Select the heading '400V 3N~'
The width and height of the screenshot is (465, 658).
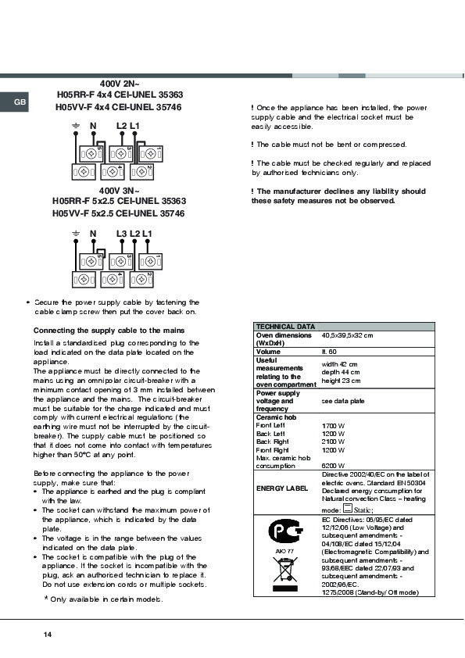[120, 191]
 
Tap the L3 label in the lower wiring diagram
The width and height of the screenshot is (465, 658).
[121, 234]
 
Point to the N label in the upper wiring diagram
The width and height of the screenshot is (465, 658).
[93, 126]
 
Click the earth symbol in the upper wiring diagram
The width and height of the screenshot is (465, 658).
[76, 126]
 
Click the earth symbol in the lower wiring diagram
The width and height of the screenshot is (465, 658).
[76, 234]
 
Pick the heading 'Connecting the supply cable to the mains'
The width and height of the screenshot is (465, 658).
[109, 331]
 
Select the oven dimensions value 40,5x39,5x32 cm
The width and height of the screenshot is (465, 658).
[347, 335]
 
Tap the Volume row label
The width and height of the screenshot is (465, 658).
[268, 352]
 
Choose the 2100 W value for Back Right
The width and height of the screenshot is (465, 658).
[333, 442]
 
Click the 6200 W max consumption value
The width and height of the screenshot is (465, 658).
[333, 466]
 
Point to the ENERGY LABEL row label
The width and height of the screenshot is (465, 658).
[282, 488]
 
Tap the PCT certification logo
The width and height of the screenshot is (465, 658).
[285, 531]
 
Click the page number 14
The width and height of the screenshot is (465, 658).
[48, 635]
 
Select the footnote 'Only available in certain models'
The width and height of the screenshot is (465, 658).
[104, 599]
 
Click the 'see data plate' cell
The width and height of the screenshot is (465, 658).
[343, 401]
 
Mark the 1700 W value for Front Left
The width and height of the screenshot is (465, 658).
[333, 426]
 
